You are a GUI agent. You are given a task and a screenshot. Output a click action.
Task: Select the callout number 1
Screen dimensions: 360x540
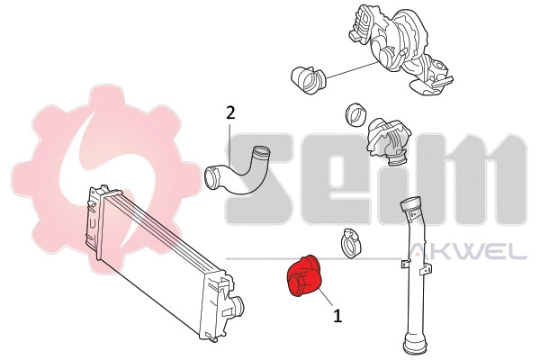337,316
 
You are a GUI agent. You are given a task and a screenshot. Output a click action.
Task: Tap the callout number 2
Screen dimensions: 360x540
230,112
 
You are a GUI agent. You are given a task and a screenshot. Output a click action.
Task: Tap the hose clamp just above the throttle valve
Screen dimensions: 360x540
355,116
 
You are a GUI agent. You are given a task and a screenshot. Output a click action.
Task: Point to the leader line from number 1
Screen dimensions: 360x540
324,301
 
